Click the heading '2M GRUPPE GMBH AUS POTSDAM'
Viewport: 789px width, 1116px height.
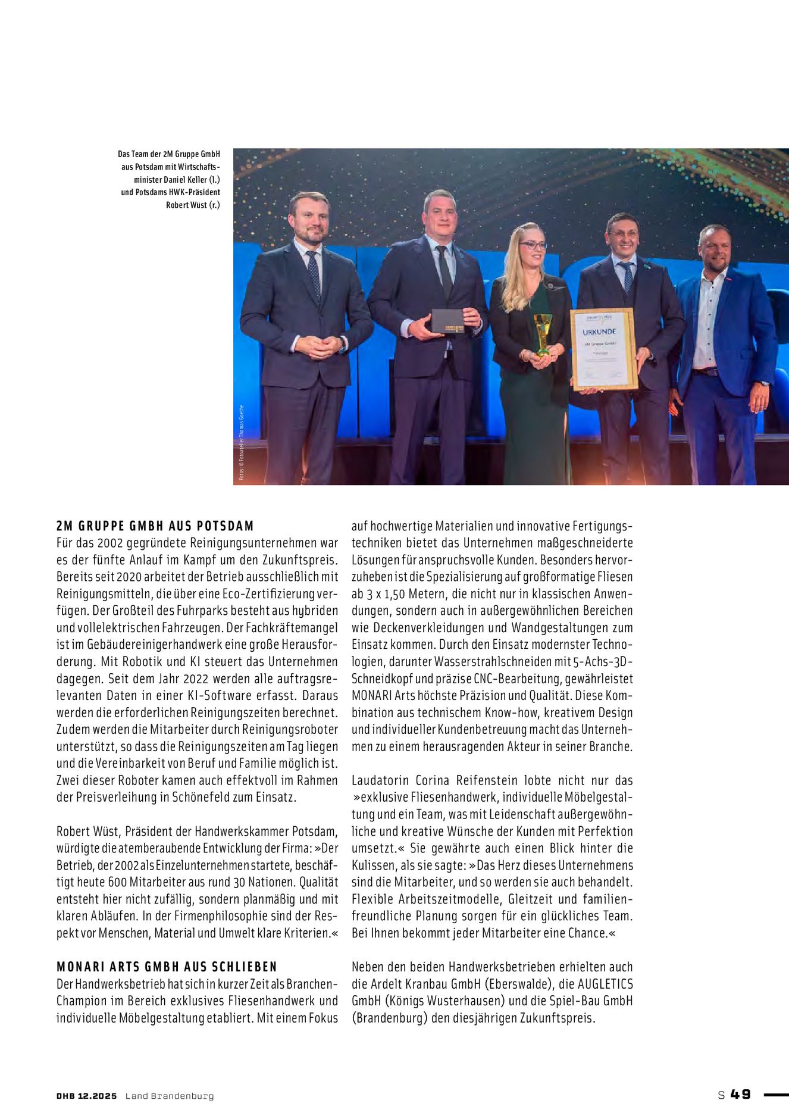pyautogui.click(x=155, y=526)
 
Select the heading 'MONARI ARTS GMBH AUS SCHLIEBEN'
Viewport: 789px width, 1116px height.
pyautogui.click(x=167, y=967)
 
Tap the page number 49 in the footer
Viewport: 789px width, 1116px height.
pyautogui.click(x=741, y=1095)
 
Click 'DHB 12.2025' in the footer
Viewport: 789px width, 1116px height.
pyautogui.click(x=87, y=1096)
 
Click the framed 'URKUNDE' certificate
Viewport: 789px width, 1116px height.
pyautogui.click(x=603, y=349)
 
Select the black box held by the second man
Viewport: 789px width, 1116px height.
pyautogui.click(x=448, y=321)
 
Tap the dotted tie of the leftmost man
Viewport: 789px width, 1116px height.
pyautogui.click(x=314, y=274)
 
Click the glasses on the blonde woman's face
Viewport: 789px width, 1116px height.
pyautogui.click(x=533, y=245)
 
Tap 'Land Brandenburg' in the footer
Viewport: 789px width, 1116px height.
pyautogui.click(x=169, y=1096)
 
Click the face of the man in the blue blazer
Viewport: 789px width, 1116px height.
pyautogui.click(x=715, y=246)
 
